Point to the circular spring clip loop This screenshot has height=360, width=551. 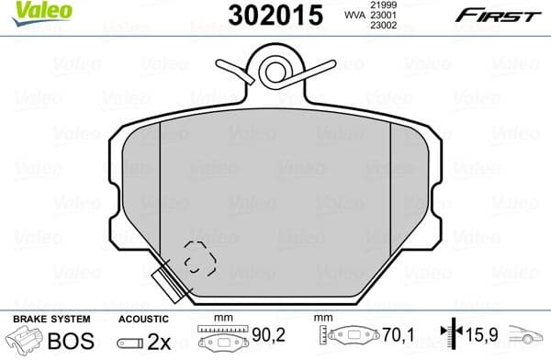(273, 70)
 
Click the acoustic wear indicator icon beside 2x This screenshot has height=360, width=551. (130, 343)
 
